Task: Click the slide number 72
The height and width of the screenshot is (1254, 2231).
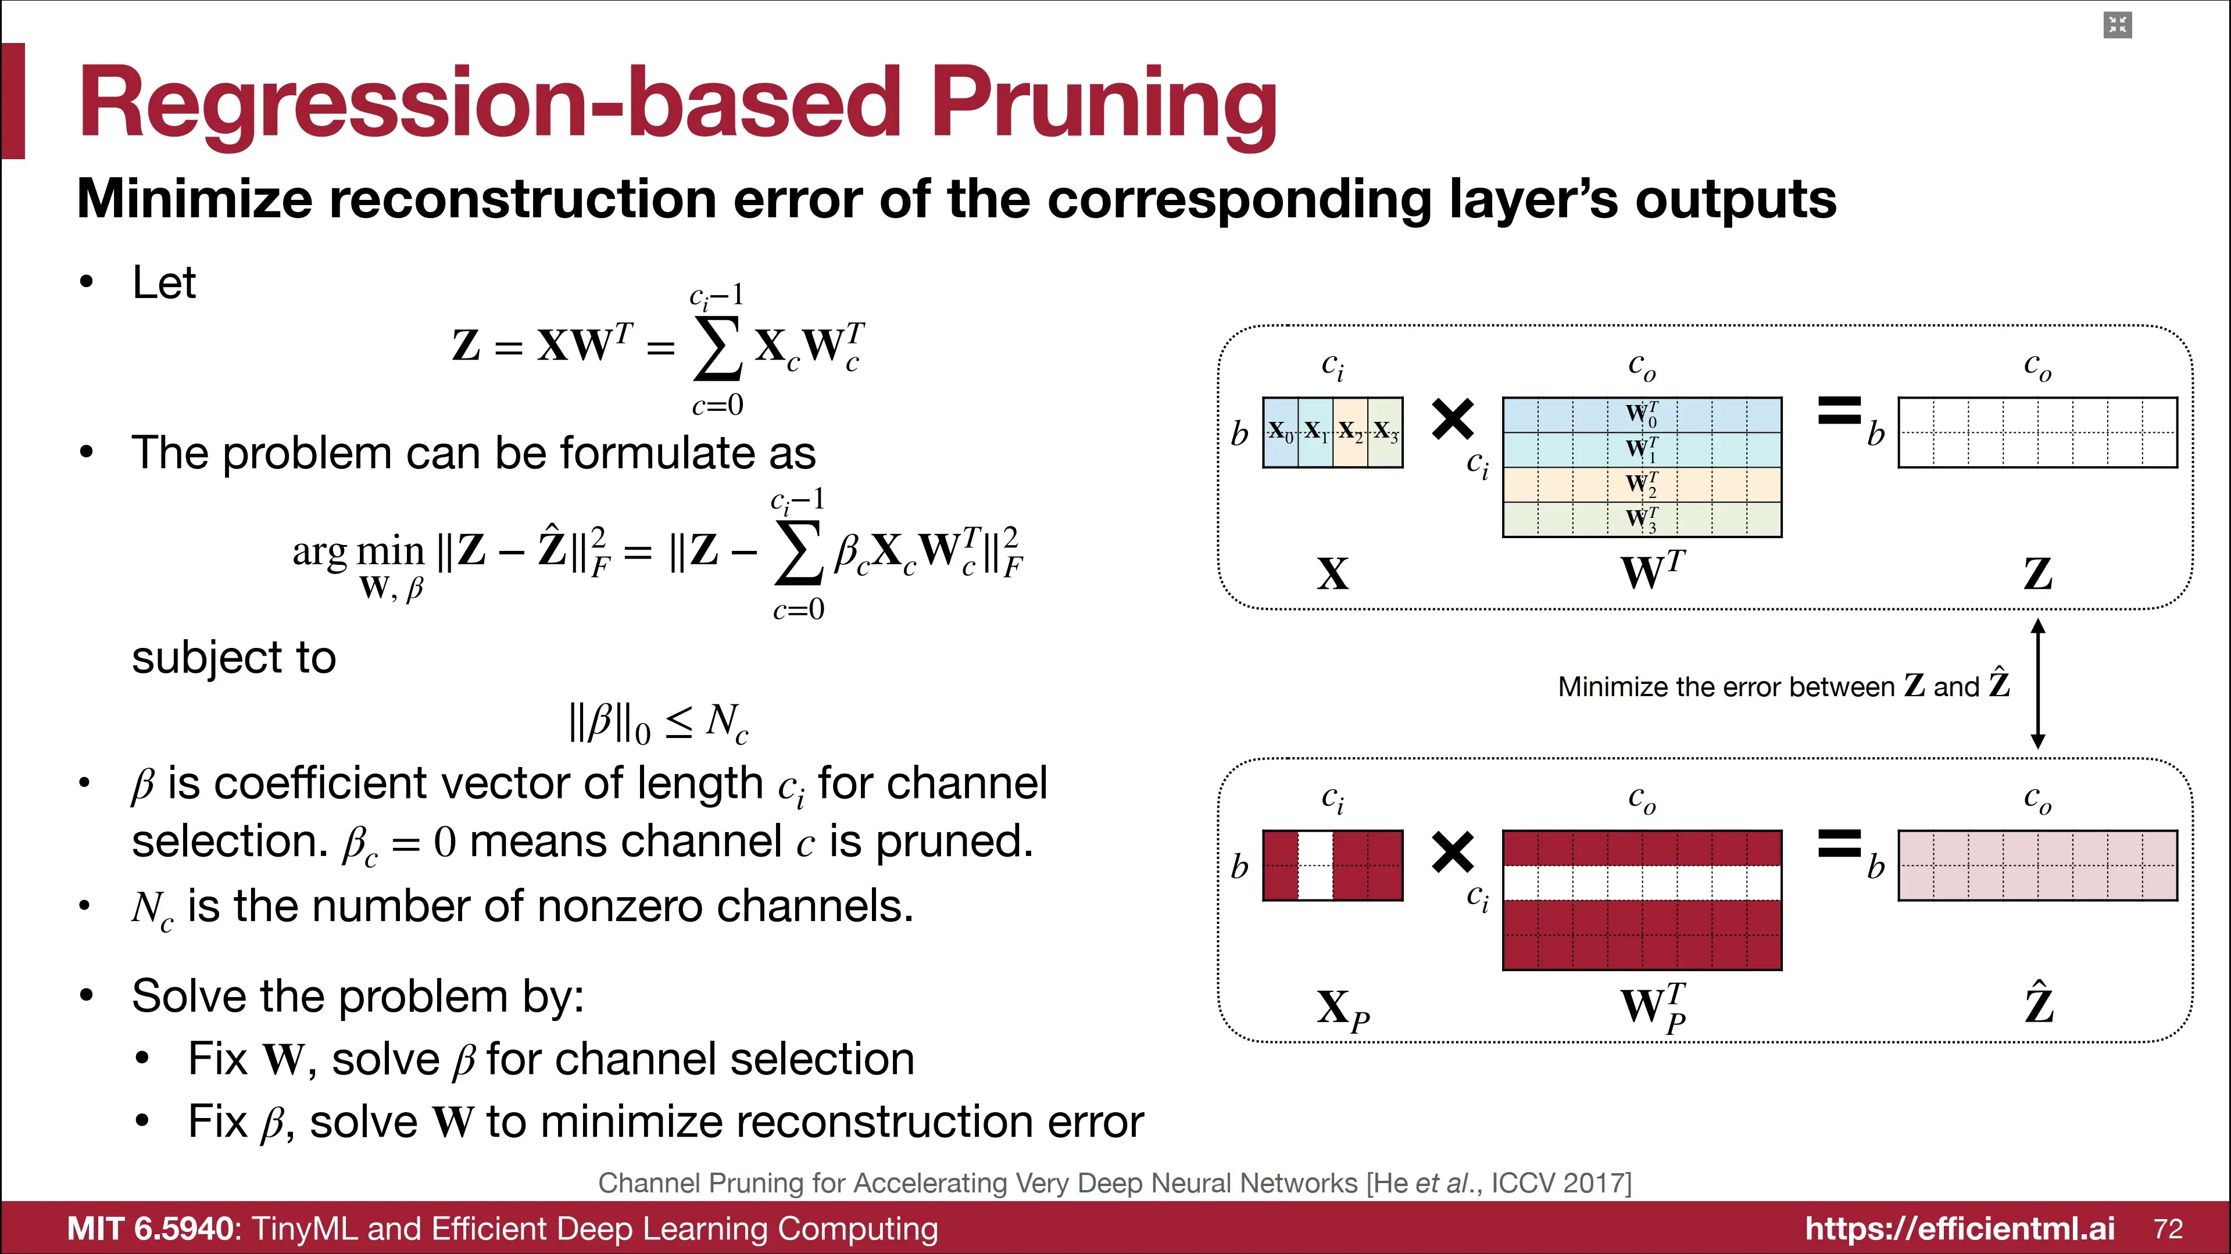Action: point(2168,1228)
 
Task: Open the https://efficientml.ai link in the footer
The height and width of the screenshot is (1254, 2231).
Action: point(1959,1228)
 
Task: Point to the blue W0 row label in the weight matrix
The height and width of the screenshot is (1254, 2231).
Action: point(1641,414)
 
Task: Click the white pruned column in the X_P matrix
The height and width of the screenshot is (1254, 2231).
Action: point(1315,865)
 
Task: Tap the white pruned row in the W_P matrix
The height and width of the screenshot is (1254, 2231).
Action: point(1641,883)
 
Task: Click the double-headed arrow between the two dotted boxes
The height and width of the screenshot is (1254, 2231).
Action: point(2038,683)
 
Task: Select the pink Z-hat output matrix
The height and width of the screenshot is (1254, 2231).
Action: point(2037,865)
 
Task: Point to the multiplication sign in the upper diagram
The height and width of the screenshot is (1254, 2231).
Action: point(1453,419)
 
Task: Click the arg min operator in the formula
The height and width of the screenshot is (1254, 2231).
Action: point(357,551)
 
